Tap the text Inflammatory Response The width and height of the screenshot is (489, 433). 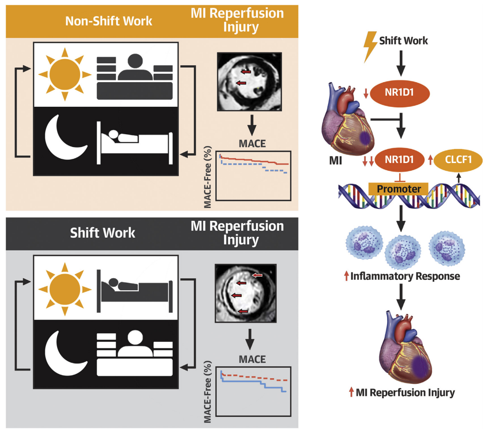point(405,276)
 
